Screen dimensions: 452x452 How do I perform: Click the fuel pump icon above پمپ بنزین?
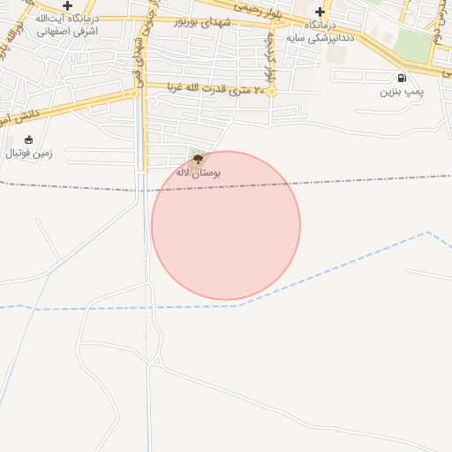click(x=403, y=78)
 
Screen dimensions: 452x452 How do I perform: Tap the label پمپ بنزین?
click(x=403, y=91)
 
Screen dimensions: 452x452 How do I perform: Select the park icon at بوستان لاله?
click(x=197, y=160)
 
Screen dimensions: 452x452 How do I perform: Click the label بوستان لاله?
click(x=199, y=172)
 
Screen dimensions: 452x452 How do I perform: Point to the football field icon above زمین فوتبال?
click(x=29, y=139)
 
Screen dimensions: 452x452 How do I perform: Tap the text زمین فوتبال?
click(x=29, y=153)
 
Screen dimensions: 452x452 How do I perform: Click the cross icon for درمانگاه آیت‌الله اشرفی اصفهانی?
click(x=67, y=5)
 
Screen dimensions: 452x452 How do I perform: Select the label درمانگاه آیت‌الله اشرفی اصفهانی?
click(x=67, y=24)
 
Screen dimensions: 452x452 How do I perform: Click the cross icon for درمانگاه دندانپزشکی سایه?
click(x=321, y=13)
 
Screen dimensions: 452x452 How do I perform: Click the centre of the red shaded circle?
click(x=226, y=226)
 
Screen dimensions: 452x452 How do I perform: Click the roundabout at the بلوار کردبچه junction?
click(x=272, y=91)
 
